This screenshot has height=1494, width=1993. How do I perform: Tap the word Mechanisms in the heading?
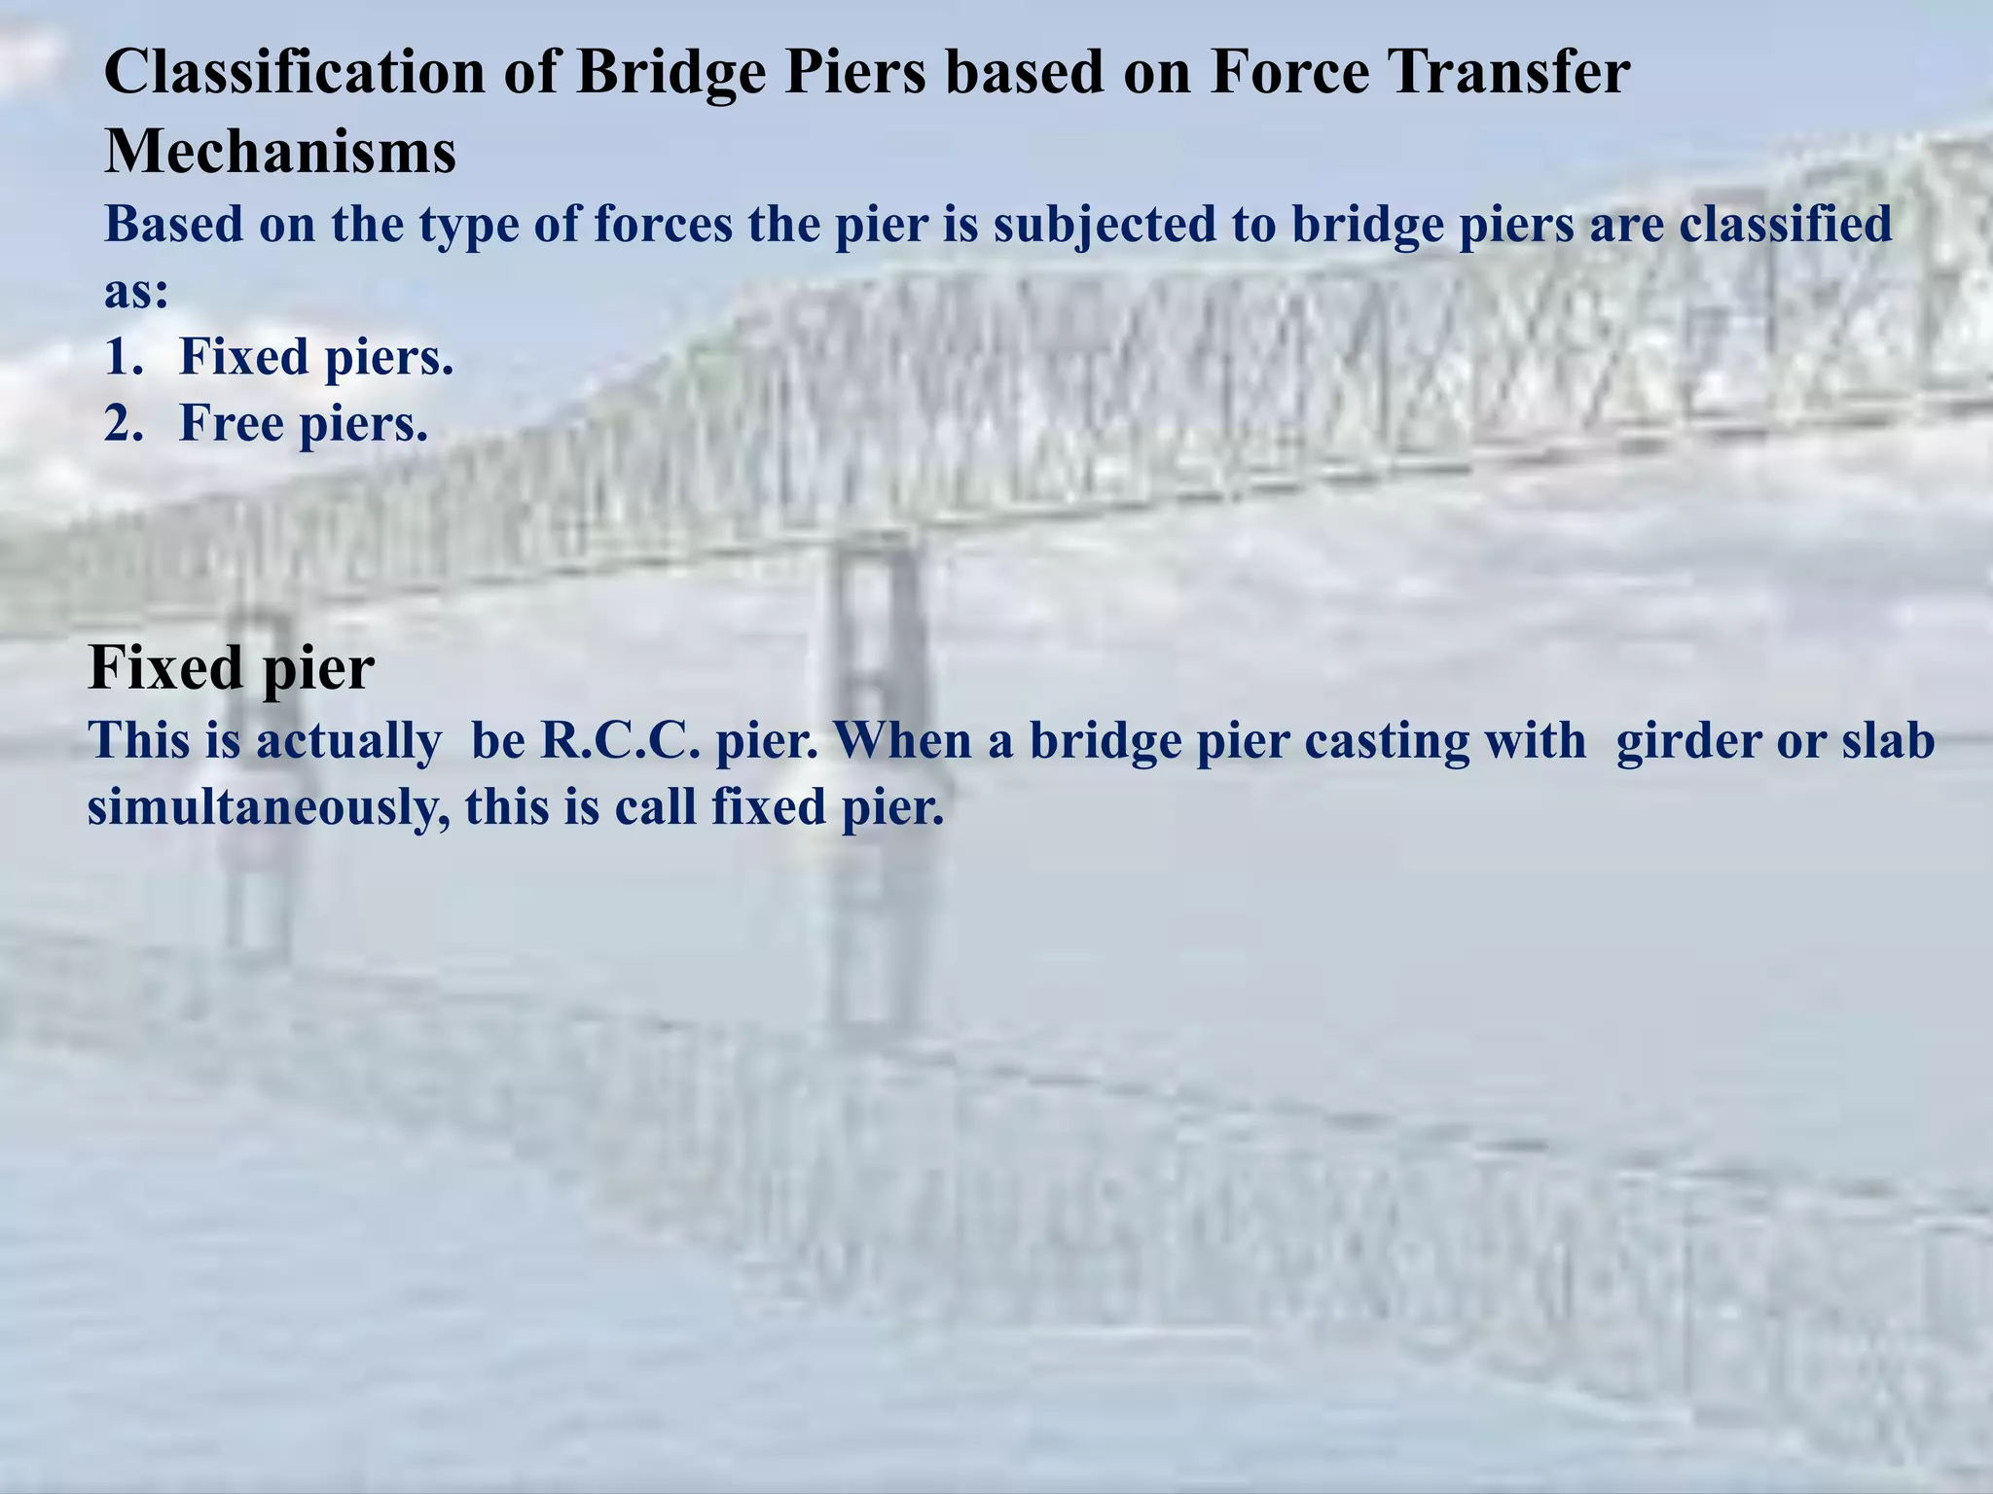pyautogui.click(x=280, y=153)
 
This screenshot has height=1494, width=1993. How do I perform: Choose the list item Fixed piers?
pyautogui.click(x=316, y=357)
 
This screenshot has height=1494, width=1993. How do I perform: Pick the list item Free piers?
pyautogui.click(x=304, y=424)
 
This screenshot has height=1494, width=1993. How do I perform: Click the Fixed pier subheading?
pyautogui.click(x=231, y=668)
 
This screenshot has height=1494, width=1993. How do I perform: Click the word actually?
pyautogui.click(x=349, y=741)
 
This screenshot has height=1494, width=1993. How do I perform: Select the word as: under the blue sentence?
pyautogui.click(x=136, y=292)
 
